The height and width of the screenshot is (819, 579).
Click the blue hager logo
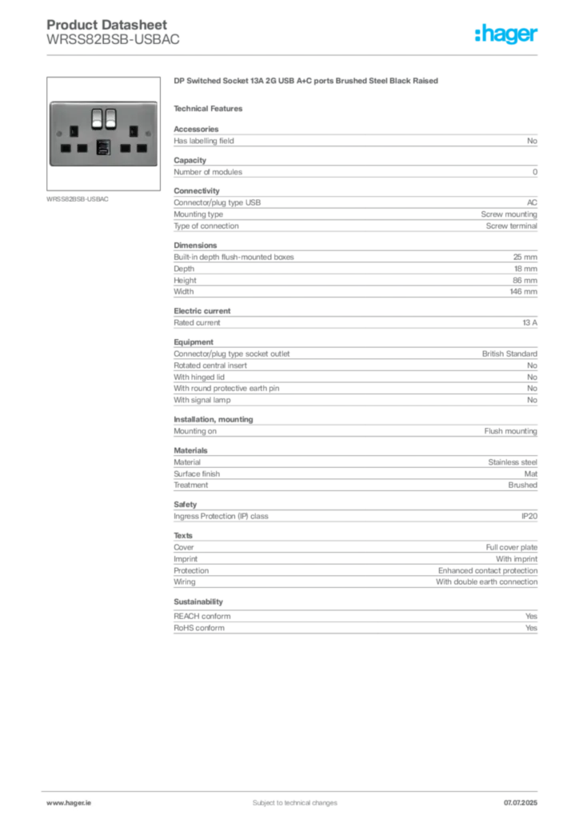(508, 35)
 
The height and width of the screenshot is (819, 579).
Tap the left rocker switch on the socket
(96, 118)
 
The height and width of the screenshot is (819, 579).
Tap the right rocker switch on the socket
(110, 118)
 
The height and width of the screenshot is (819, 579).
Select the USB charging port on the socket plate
(103, 146)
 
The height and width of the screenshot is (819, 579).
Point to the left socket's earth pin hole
(74, 130)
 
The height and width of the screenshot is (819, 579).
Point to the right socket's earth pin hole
(131, 130)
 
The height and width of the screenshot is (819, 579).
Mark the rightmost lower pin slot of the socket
(139, 148)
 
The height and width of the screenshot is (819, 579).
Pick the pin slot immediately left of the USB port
(82, 148)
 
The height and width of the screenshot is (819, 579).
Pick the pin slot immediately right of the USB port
(124, 148)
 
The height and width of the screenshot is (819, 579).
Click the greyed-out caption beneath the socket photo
(80, 199)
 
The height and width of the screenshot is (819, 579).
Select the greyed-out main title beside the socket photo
(307, 82)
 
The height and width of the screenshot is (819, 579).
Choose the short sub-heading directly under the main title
(211, 108)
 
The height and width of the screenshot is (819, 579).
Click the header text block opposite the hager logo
(114, 34)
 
